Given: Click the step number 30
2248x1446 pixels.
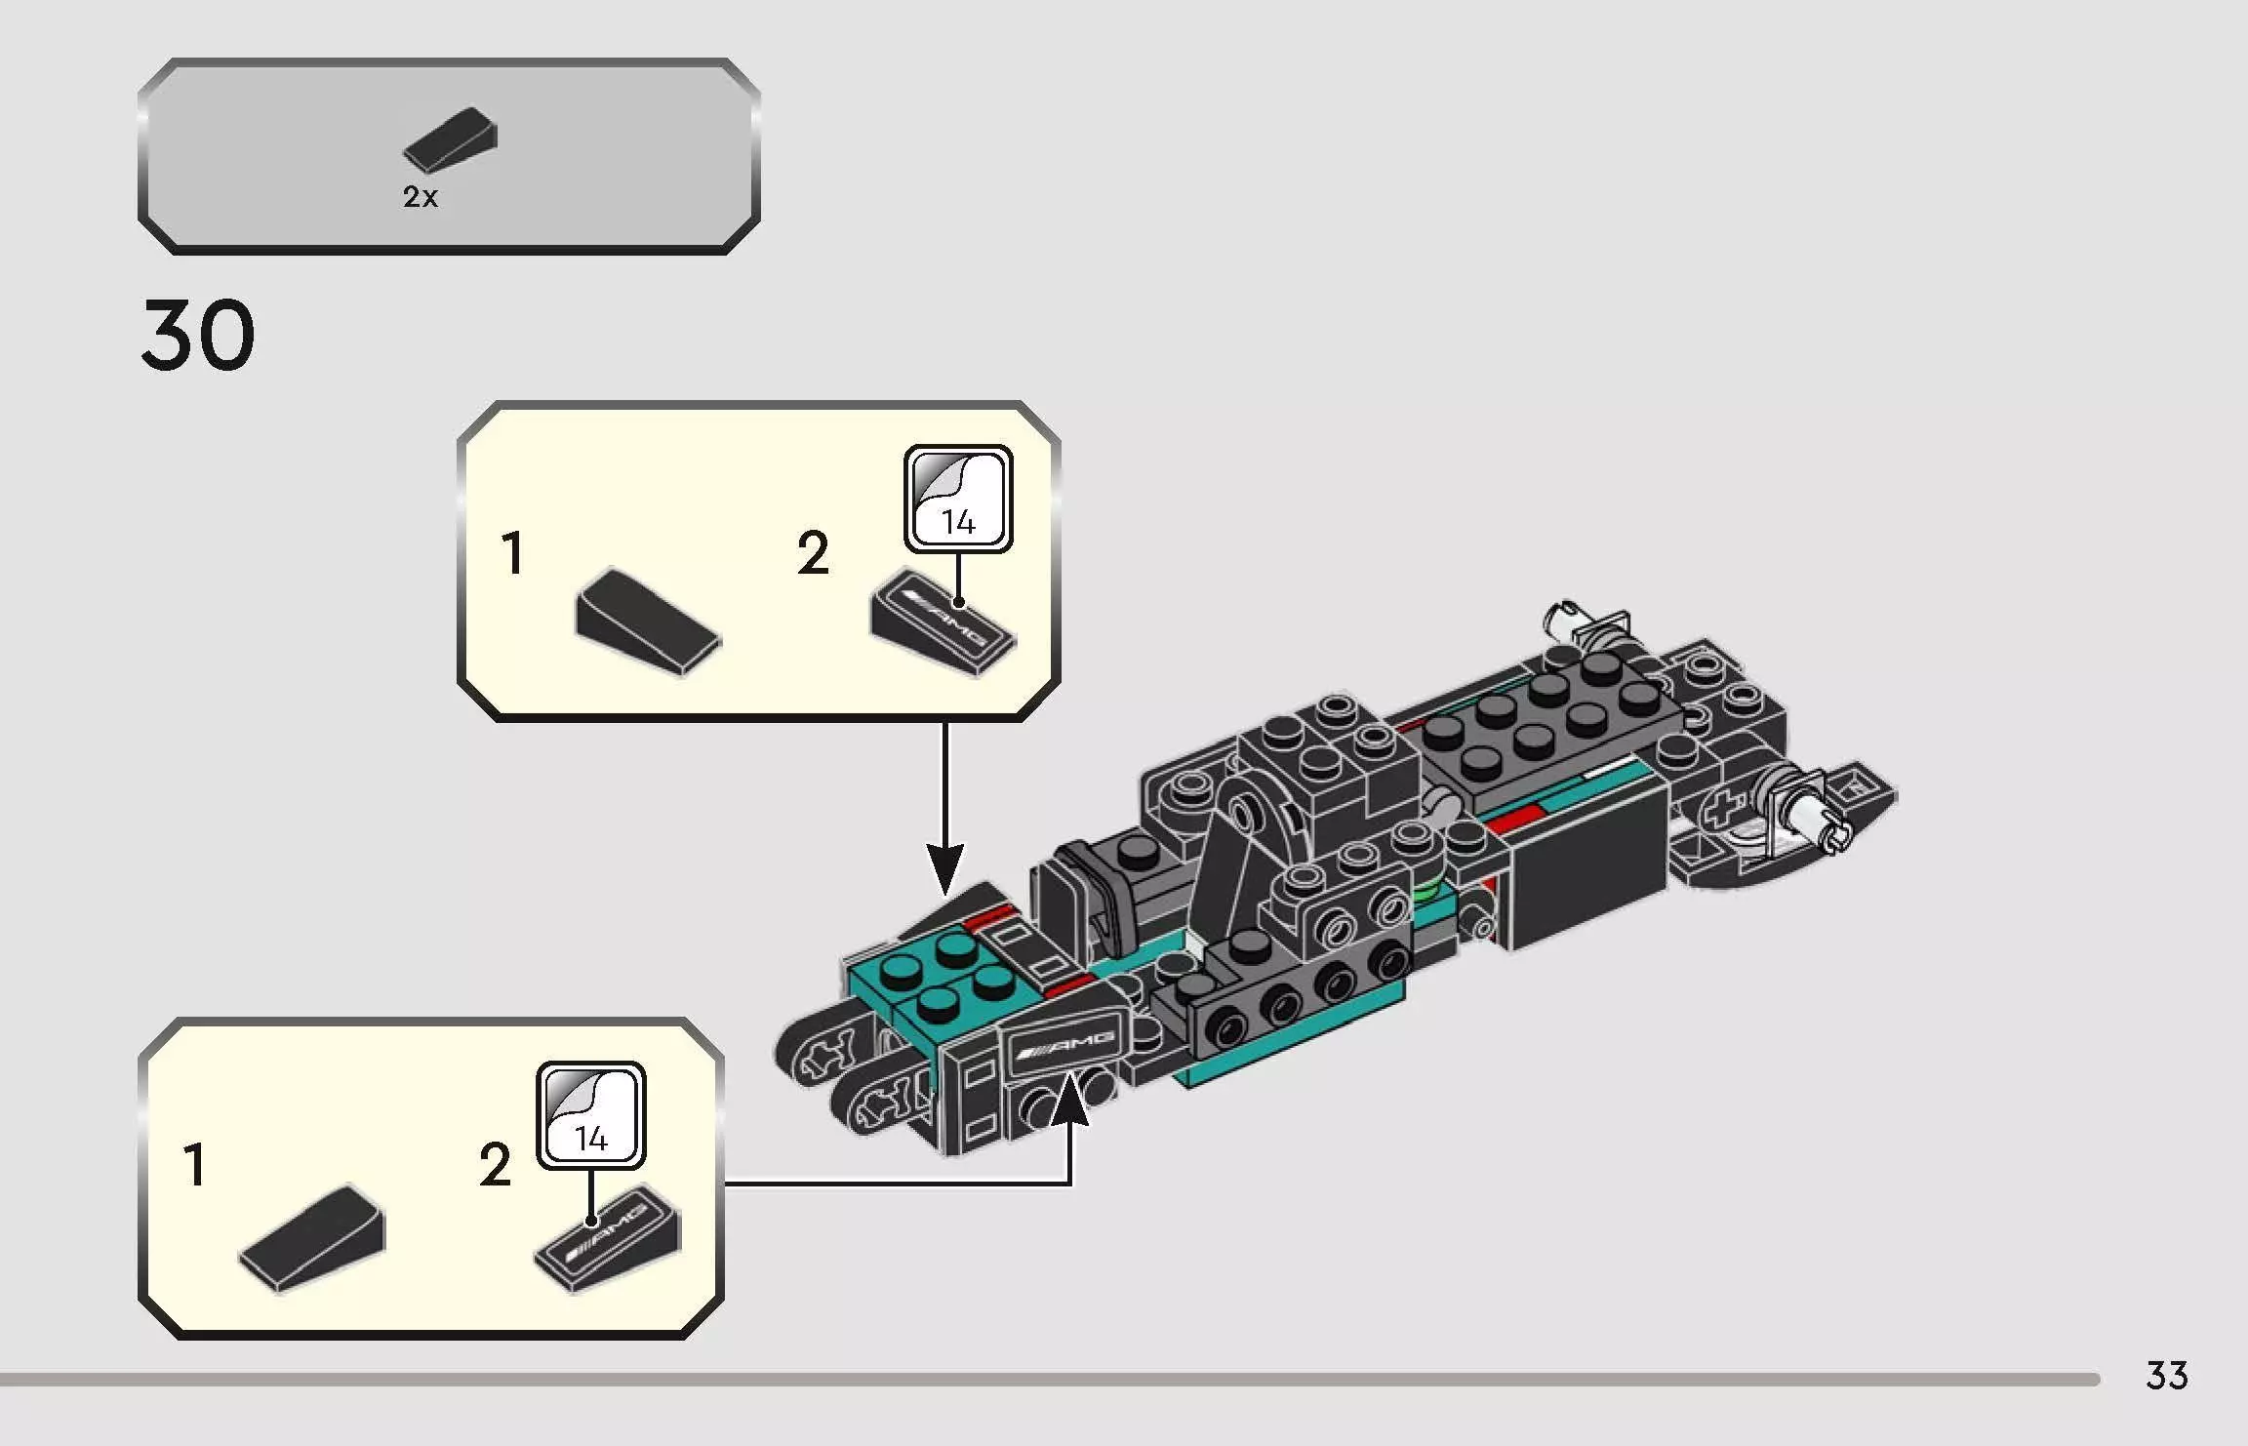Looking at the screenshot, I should tap(198, 337).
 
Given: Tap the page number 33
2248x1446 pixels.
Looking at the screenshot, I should tap(2166, 1376).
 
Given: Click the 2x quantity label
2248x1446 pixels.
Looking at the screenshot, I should tap(421, 197).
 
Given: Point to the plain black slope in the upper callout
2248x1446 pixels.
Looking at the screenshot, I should tap(647, 621).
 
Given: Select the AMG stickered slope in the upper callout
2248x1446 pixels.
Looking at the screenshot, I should tap(943, 621).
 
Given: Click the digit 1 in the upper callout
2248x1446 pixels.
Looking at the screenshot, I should tap(512, 554).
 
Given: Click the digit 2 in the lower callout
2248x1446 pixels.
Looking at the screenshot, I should tap(495, 1166).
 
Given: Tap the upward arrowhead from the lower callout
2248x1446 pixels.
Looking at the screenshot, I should tap(1070, 1098).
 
